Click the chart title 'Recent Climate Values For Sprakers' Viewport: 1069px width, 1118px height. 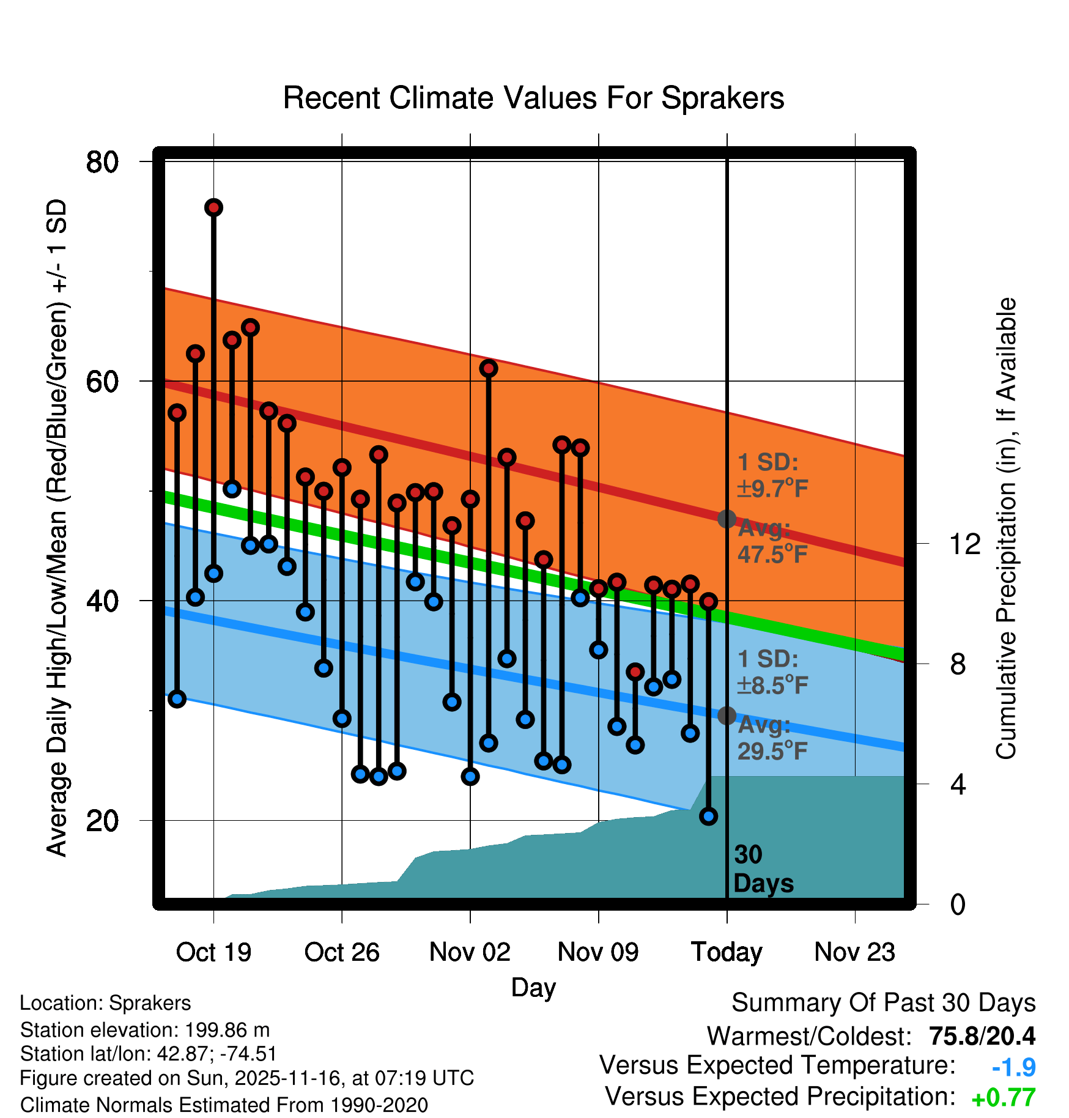tap(533, 98)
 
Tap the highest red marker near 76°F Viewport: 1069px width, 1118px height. tap(213, 208)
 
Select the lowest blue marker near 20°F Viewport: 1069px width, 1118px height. tap(708, 816)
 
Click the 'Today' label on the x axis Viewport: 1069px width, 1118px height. tap(727, 952)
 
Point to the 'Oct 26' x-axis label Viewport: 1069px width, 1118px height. tap(342, 952)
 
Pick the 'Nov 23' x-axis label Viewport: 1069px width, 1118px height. tap(854, 952)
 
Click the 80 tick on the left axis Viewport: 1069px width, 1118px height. tap(102, 162)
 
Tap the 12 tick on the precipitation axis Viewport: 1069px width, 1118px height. tap(964, 544)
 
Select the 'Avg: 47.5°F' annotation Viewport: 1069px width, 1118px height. tap(772, 541)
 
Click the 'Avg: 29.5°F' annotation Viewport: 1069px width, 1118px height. tap(772, 738)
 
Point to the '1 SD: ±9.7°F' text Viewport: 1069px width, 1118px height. tap(772, 475)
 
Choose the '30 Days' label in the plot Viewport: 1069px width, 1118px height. tap(763, 869)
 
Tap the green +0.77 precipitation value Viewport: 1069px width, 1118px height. tap(1003, 1098)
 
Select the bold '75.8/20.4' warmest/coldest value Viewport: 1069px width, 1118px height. tap(982, 1036)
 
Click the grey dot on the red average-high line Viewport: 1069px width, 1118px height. tap(727, 519)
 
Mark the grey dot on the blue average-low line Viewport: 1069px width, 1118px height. tap(727, 716)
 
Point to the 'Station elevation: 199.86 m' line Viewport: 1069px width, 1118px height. tap(145, 1030)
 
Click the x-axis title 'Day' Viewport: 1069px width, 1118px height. tap(533, 988)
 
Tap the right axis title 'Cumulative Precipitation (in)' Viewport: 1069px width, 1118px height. tap(1006, 528)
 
